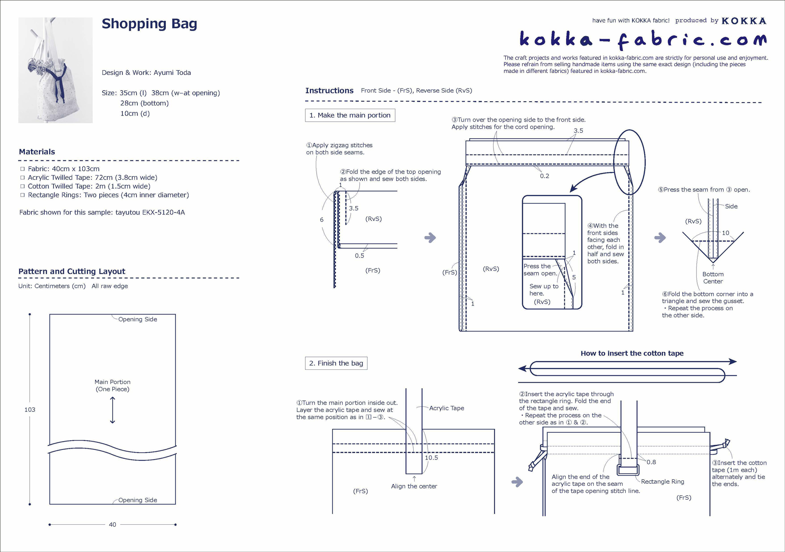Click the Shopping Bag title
149,24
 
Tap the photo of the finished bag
55,70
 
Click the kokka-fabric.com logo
643,40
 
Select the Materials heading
37,152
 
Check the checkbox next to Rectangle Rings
22,195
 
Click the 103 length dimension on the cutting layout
30,410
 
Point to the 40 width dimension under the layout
112,525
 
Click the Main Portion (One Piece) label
112,386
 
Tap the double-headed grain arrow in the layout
112,410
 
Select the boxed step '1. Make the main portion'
350,115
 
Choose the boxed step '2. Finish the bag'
336,363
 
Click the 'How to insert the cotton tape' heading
632,353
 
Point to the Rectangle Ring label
662,482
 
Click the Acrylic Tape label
446,408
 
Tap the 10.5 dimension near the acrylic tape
431,458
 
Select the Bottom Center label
713,278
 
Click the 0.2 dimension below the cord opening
544,176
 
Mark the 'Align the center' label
414,486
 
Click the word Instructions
329,91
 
